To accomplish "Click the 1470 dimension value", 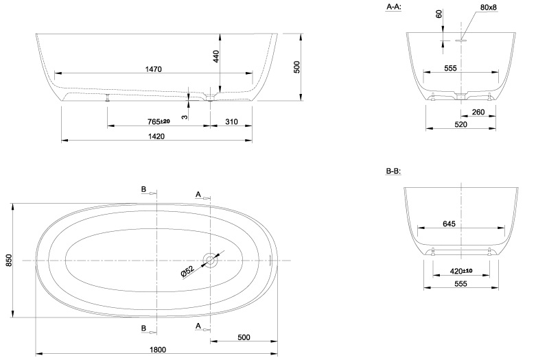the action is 153,69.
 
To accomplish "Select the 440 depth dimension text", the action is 215,56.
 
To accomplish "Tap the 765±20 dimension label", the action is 159,122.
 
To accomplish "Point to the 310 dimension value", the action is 231,122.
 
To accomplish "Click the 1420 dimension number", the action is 156,136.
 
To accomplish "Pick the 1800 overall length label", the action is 158,350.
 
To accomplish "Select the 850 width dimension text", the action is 9,260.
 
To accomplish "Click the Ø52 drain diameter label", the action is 187,272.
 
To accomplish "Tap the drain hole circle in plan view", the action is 210,261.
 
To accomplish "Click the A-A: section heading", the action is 393,7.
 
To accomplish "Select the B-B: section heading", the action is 393,171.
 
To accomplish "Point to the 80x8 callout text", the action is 489,7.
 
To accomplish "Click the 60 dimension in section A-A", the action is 439,14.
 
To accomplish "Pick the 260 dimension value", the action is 478,112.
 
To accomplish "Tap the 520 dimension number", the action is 460,125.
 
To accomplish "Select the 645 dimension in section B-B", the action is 449,224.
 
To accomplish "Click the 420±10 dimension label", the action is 461,271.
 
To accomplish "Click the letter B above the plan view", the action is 143,189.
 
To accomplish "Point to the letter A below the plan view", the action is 198,326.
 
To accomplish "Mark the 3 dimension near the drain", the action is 185,117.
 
